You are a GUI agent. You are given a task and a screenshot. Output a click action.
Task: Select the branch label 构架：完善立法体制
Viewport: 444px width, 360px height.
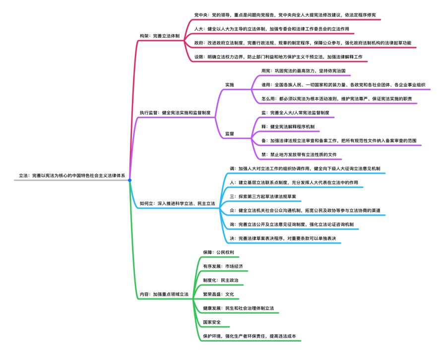160,36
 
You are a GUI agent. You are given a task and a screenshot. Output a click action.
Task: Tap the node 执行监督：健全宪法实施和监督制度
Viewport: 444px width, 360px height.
176,113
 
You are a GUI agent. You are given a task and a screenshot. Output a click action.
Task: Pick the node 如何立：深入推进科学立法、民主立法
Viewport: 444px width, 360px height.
177,204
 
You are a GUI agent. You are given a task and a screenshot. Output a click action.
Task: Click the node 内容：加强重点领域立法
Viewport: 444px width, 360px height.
164,294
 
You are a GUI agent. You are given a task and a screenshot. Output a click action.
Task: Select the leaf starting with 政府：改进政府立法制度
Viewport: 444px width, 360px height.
303,43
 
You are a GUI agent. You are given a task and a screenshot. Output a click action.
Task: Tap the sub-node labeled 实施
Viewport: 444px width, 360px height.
230,85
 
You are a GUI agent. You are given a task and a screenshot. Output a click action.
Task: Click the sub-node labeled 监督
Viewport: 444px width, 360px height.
230,134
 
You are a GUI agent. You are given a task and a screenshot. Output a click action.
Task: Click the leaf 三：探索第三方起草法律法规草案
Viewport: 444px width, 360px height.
262,197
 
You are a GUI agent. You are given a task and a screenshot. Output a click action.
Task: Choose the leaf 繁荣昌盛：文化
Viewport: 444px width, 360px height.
218,294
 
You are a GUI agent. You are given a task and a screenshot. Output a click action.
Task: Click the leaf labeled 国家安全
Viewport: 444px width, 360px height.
212,322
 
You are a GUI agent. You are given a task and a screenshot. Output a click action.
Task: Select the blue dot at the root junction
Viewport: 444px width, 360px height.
129,180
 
